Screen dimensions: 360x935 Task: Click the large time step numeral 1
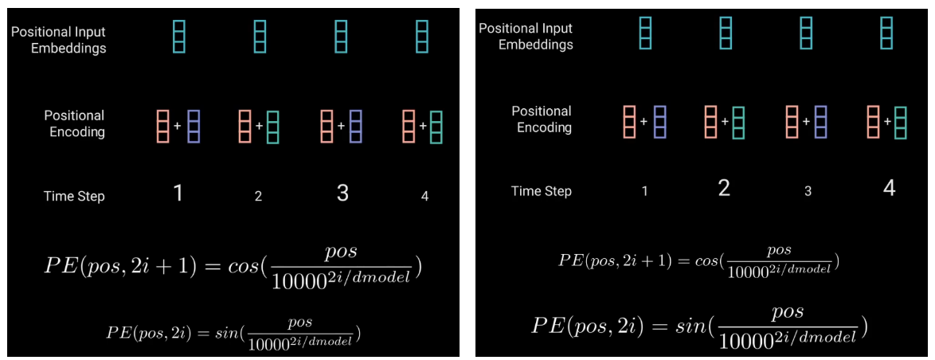point(178,193)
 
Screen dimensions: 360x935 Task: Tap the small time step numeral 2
point(258,196)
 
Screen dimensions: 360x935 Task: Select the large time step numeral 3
point(342,193)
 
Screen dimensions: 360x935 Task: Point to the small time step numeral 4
point(424,196)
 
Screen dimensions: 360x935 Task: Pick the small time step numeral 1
point(644,191)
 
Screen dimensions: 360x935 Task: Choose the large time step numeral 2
point(724,189)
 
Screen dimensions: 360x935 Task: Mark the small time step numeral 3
point(808,191)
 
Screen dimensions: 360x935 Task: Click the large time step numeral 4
point(889,189)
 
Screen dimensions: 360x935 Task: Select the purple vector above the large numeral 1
point(194,127)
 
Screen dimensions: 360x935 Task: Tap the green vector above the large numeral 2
point(739,122)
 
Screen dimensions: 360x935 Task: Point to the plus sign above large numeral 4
point(886,122)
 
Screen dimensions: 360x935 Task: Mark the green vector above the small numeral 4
point(436,127)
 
